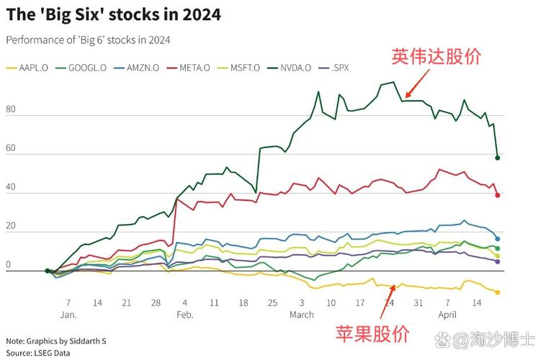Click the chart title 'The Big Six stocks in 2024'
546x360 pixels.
click(x=113, y=14)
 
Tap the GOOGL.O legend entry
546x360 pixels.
click(x=82, y=68)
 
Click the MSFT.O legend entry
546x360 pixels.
click(x=246, y=68)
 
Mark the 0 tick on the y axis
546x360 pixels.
click(x=8, y=266)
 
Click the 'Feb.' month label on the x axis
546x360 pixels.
click(x=184, y=315)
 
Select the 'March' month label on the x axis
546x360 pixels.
click(x=302, y=315)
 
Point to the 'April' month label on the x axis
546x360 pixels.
click(x=447, y=315)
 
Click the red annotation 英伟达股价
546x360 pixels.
click(x=436, y=56)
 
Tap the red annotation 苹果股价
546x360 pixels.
click(x=372, y=333)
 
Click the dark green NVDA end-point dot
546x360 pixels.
click(x=497, y=158)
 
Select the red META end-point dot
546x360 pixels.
click(x=497, y=194)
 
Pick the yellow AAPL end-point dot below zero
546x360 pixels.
click(x=497, y=292)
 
